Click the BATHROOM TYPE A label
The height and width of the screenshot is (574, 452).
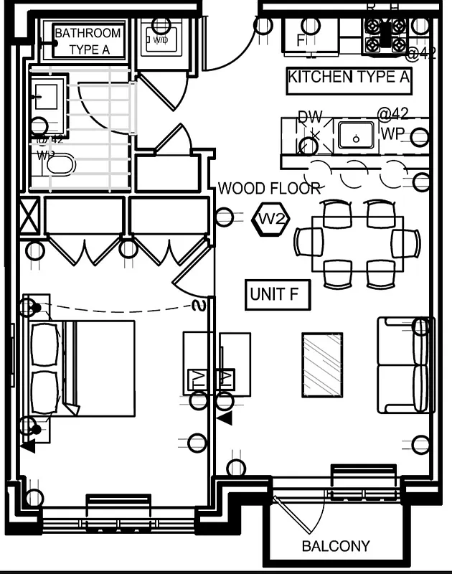(88, 42)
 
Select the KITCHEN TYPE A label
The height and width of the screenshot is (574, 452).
(349, 77)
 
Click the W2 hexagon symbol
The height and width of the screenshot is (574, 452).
(272, 220)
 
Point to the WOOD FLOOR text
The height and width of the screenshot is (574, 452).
(269, 189)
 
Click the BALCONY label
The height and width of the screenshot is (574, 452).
(336, 546)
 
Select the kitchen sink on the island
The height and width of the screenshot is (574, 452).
(356, 135)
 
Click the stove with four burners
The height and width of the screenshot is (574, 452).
(386, 34)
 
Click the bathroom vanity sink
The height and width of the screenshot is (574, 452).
(47, 96)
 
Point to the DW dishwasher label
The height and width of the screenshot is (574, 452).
(310, 117)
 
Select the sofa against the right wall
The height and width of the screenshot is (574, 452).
(406, 364)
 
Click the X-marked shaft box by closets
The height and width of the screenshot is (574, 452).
(29, 215)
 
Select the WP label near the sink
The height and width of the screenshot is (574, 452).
(392, 134)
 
